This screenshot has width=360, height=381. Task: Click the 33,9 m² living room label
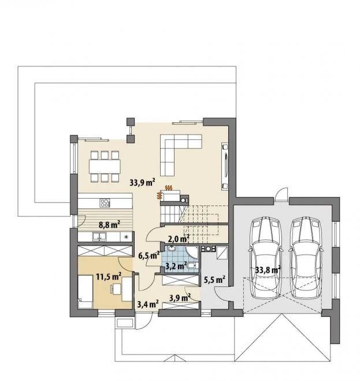click(142, 182)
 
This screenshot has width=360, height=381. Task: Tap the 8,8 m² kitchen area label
click(109, 225)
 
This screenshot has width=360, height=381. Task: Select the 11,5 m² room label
click(109, 277)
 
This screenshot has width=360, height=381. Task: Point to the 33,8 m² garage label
click(268, 270)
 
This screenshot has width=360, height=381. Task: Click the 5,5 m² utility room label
click(214, 279)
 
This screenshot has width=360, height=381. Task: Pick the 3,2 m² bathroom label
click(176, 266)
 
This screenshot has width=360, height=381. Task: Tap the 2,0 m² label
click(179, 240)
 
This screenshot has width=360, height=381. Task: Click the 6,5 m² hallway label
click(149, 255)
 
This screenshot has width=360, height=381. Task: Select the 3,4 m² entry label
click(148, 304)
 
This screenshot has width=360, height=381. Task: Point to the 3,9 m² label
click(180, 298)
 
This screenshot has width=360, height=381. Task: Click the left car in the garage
click(266, 257)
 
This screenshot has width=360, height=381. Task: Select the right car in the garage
click(306, 257)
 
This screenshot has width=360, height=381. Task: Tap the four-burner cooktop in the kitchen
click(105, 203)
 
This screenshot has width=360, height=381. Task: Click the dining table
click(105, 166)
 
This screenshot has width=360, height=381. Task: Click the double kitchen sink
click(99, 237)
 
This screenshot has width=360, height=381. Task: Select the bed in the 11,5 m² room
click(85, 292)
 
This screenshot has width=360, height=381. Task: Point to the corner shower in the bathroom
click(192, 252)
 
